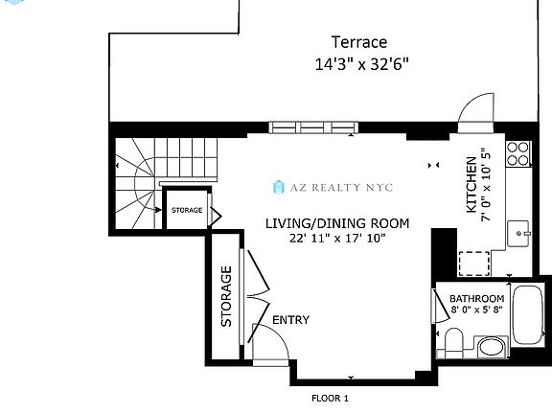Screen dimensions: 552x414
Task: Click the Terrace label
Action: pos(359,42)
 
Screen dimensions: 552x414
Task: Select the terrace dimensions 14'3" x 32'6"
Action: pos(361,64)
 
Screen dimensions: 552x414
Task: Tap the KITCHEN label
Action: pos(471,184)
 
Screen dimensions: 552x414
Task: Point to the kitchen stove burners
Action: pos(518,153)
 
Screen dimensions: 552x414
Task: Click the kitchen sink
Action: pos(518,234)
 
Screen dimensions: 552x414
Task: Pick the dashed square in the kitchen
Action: pos(474,264)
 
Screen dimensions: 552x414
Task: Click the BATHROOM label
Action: pos(477,299)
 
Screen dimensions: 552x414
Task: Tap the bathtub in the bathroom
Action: pos(528,314)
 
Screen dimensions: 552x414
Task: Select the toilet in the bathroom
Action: pos(453,342)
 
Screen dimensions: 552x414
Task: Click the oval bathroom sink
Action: pos(492,346)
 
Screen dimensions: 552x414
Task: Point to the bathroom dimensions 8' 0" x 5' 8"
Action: pos(476,310)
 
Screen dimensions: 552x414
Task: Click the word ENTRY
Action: pos(290,320)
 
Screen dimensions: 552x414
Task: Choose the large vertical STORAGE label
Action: pos(226,296)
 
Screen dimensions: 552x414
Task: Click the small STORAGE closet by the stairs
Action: pos(187,210)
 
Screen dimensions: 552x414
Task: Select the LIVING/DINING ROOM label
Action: pos(337,223)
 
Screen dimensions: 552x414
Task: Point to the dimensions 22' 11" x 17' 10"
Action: pos(337,239)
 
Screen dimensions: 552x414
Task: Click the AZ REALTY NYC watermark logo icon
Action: pos(279,187)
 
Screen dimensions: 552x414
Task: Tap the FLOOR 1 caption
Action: pos(330,399)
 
